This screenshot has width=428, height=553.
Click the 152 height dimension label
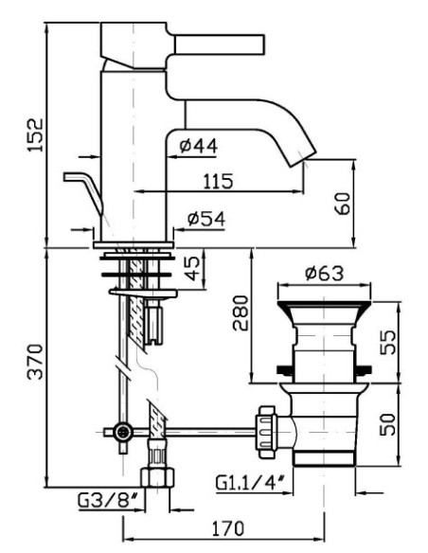36,135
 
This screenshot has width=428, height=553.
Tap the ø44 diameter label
198,145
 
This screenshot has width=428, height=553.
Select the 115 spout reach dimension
219,181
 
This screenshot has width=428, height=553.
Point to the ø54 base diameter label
205,219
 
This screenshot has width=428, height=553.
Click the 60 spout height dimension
343,204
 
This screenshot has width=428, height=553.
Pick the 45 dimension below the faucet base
192,268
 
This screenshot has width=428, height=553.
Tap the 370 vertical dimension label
35,362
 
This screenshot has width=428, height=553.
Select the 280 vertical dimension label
241,313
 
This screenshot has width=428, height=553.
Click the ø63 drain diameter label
324,274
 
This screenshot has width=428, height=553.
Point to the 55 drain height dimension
388,342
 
